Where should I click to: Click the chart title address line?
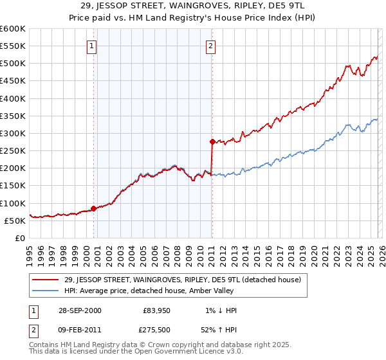click(193, 6)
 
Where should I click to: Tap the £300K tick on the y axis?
click(13, 133)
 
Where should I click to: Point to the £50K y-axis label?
click(15, 221)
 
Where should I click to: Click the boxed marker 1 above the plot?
click(93, 46)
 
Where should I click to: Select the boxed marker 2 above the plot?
click(211, 46)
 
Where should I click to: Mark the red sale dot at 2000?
click(94, 208)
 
